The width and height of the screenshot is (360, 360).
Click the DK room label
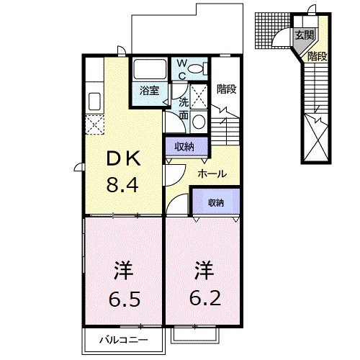(x=124, y=158)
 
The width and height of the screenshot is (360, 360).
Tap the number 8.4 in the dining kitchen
(x=122, y=185)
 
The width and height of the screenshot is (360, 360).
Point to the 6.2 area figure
(x=205, y=298)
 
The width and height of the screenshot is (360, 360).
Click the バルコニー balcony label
(x=124, y=340)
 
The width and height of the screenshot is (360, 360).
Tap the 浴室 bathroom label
(x=149, y=91)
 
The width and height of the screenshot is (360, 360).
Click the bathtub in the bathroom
(x=150, y=68)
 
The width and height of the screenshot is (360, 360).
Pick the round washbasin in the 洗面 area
(x=199, y=122)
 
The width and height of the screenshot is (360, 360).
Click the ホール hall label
(x=212, y=174)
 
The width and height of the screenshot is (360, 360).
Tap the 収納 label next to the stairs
(x=184, y=146)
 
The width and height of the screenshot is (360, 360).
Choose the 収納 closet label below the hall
(x=216, y=203)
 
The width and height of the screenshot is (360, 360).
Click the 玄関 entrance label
(x=305, y=35)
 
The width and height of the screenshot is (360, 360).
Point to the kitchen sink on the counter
(x=94, y=102)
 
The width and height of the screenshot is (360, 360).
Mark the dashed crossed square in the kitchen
(x=94, y=125)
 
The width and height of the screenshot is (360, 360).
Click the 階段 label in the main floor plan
(x=227, y=89)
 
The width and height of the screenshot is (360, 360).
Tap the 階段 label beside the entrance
(x=318, y=56)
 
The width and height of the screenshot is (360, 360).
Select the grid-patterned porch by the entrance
(x=273, y=31)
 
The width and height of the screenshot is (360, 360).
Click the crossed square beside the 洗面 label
(x=199, y=96)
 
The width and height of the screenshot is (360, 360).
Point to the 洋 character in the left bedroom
(x=124, y=271)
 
